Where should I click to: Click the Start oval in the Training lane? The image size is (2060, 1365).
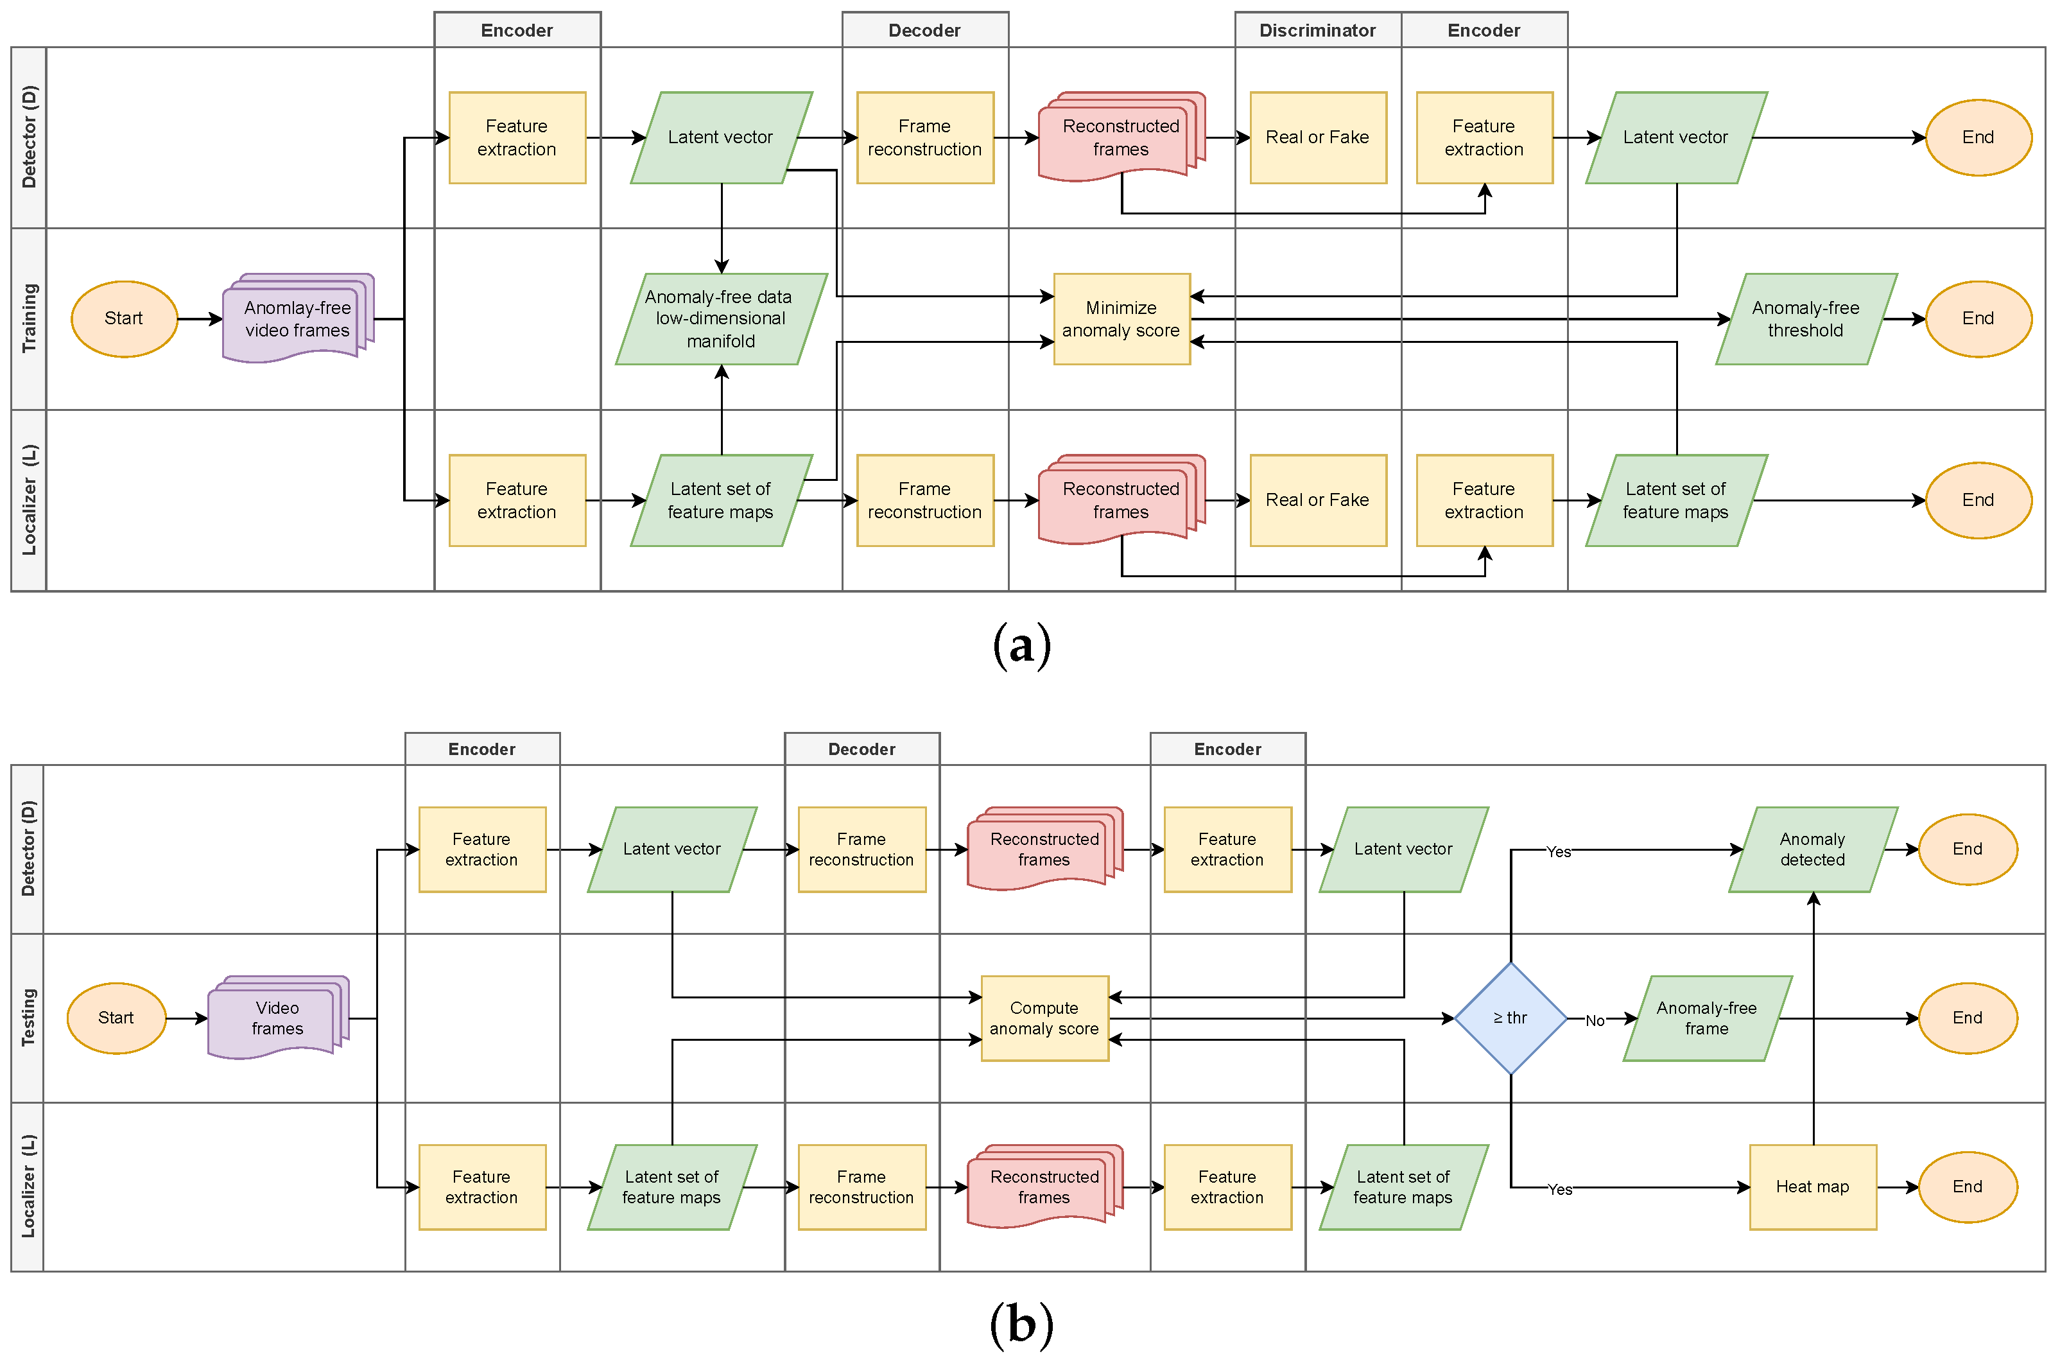pyautogui.click(x=124, y=318)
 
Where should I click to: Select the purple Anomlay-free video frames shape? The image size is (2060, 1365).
pyautogui.click(x=297, y=318)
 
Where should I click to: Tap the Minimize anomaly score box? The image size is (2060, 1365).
pyautogui.click(x=1121, y=318)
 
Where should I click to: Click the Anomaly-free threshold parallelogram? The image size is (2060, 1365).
pyautogui.click(x=1805, y=318)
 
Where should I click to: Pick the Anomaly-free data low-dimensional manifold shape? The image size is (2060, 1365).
pyautogui.click(x=721, y=318)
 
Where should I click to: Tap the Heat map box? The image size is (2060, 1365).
pyautogui.click(x=1812, y=1187)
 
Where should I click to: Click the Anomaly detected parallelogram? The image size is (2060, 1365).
pyautogui.click(x=1812, y=849)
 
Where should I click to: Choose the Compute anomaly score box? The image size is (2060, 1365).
pyautogui.click(x=1044, y=1018)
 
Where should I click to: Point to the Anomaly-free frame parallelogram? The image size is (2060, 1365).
pyautogui.click(x=1707, y=1018)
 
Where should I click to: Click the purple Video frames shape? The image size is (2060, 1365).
pyautogui.click(x=277, y=1018)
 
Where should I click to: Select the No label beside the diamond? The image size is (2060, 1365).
pyautogui.click(x=1595, y=1020)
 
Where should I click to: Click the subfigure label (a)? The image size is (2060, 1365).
pyautogui.click(x=1022, y=645)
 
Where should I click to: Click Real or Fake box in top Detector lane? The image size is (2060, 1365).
pyautogui.click(x=1318, y=137)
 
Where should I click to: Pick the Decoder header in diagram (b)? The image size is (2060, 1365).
pyautogui.click(x=861, y=749)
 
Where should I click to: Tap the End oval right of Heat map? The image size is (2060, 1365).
pyautogui.click(x=1967, y=1187)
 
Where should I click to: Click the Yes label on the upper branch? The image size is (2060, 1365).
pyautogui.click(x=1558, y=851)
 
